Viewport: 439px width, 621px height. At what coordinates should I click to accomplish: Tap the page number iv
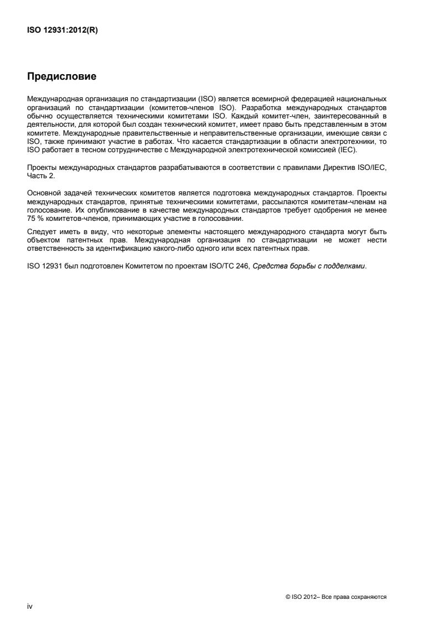coord(30,607)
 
